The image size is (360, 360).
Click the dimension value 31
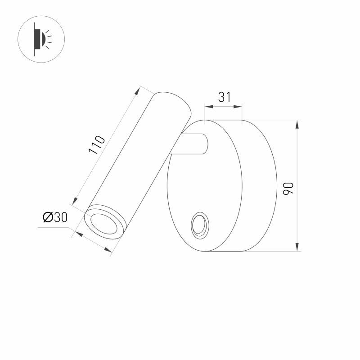pyautogui.click(x=224, y=97)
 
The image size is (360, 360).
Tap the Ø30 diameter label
pyautogui.click(x=55, y=217)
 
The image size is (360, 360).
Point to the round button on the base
pyautogui.click(x=198, y=225)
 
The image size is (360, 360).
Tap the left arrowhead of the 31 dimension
pyautogui.click(x=207, y=107)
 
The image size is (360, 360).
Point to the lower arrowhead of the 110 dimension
pyautogui.click(x=76, y=201)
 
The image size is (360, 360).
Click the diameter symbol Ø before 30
pyautogui.click(x=48, y=217)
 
